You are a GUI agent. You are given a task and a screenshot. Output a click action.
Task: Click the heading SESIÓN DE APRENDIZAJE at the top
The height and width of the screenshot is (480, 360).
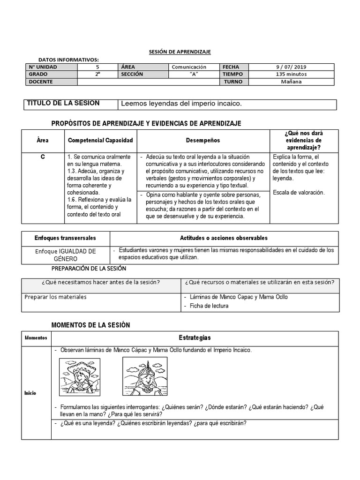(x=180, y=52)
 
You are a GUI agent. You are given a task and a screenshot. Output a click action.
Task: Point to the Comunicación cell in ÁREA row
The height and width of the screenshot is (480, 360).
(x=189, y=67)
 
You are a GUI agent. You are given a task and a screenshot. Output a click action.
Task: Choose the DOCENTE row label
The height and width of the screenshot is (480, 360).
(x=41, y=82)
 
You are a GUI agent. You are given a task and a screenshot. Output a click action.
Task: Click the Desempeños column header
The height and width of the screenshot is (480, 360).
(x=202, y=140)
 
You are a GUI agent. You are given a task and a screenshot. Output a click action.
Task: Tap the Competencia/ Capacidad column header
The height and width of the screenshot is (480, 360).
(x=100, y=140)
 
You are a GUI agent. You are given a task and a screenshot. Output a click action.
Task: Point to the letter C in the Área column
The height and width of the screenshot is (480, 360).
(x=43, y=157)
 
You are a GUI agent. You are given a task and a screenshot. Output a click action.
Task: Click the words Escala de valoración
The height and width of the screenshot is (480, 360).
(x=299, y=192)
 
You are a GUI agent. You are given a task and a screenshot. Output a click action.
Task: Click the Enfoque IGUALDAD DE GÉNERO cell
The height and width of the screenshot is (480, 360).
(x=66, y=255)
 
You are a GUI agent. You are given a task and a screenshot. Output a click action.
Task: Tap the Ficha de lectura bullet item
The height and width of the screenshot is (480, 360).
(x=209, y=306)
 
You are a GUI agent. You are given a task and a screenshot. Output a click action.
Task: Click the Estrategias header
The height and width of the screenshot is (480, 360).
(x=195, y=338)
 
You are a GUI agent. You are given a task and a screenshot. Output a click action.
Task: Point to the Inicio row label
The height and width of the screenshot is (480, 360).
(x=30, y=393)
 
